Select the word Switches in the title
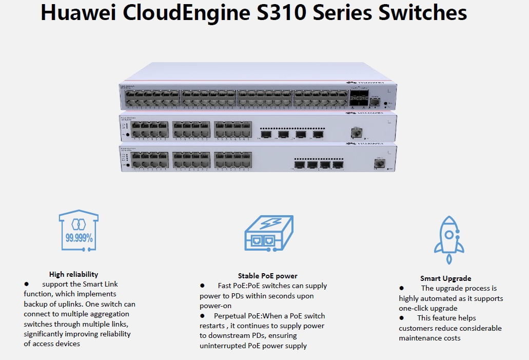[x=423, y=13]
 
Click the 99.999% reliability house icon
[x=79, y=231]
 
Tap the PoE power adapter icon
[x=268, y=234]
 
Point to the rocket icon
[x=448, y=235]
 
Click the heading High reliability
[x=73, y=274]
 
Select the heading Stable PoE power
[x=267, y=276]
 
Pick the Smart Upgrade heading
[x=445, y=278]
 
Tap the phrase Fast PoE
[x=230, y=286]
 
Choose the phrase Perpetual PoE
[x=238, y=316]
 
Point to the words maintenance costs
[x=429, y=338]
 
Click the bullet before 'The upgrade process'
[x=402, y=289]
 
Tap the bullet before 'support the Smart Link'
[x=26, y=284]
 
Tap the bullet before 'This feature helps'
[x=402, y=318]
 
